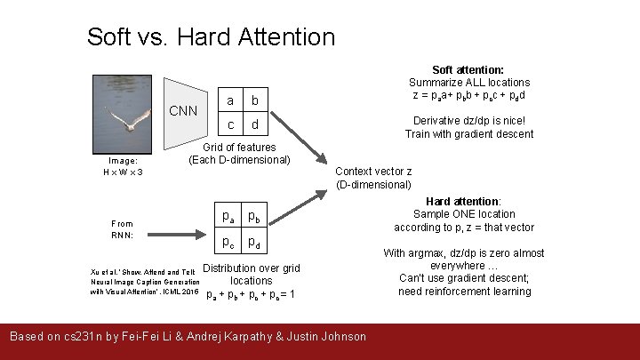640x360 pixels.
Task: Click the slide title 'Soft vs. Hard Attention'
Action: [x=211, y=37]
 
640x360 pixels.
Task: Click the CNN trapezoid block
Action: [x=182, y=111]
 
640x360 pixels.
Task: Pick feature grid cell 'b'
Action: [x=255, y=100]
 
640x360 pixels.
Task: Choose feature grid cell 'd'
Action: [x=255, y=124]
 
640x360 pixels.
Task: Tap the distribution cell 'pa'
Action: [x=229, y=216]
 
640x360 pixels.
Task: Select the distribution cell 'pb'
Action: [x=254, y=216]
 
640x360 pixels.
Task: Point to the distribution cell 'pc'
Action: [x=229, y=242]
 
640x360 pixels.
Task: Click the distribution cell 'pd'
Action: [x=254, y=242]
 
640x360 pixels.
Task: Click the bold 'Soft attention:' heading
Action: [x=468, y=69]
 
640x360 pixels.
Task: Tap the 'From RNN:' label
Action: [x=122, y=229]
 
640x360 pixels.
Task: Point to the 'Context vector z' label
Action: [x=373, y=172]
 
